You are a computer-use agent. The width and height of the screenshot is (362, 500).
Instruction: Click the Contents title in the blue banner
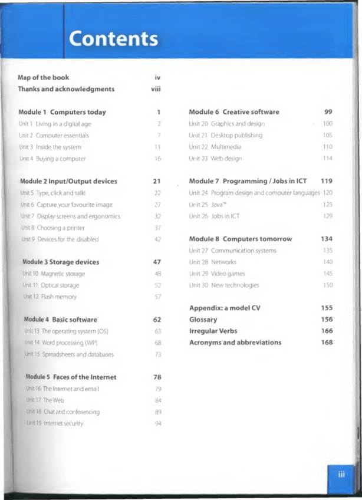[x=113, y=39]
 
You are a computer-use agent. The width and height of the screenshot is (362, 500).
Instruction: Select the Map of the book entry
[x=44, y=77]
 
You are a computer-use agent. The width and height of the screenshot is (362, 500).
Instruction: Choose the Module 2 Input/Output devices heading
[x=68, y=182]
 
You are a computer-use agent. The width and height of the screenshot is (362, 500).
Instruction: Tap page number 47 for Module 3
[x=157, y=262]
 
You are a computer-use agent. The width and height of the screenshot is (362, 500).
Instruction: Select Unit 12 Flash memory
[x=50, y=297]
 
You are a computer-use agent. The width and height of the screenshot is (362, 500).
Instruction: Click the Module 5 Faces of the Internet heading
[x=71, y=377]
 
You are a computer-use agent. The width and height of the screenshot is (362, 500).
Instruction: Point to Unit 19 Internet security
[x=55, y=423]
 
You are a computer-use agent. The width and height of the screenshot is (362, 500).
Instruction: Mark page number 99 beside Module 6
[x=328, y=112]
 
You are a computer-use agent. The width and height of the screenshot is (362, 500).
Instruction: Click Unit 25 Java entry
[x=206, y=205]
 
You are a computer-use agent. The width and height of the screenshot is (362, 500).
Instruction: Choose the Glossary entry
[x=203, y=320]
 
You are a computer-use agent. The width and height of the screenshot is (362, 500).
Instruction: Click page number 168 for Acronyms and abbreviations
[x=327, y=343]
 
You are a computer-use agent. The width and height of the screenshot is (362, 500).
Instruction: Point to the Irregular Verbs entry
[x=213, y=331]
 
